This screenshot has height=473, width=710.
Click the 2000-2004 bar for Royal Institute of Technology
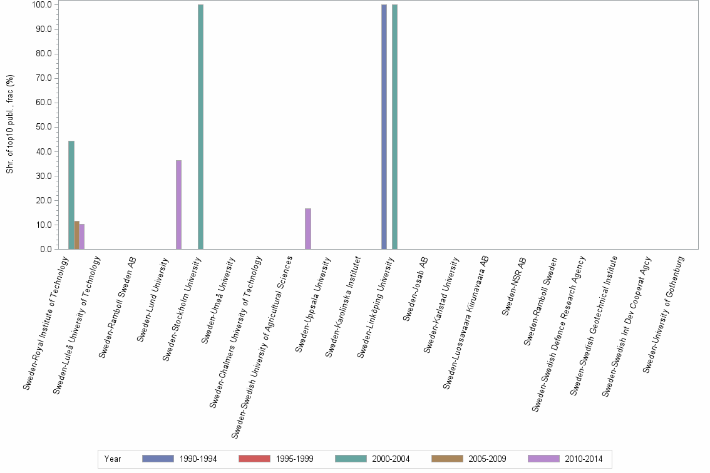click(x=71, y=195)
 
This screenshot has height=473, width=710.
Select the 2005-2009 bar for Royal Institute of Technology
click(x=76, y=235)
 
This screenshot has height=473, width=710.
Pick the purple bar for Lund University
click(x=179, y=205)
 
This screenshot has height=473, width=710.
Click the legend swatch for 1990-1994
click(x=158, y=459)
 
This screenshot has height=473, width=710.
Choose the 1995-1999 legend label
click(x=294, y=459)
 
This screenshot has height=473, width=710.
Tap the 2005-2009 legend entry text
click(x=487, y=459)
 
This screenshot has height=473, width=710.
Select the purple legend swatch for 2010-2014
click(x=543, y=459)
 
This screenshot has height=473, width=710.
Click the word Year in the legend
click(x=113, y=459)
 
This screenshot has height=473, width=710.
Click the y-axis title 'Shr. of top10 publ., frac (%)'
click(x=11, y=125)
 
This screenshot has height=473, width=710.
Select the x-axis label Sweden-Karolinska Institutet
click(x=342, y=307)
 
